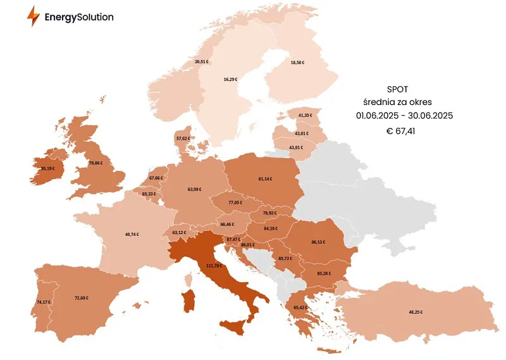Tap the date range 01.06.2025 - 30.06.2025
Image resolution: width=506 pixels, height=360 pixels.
pos(404,116)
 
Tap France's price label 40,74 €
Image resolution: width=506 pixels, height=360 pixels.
pos(132,234)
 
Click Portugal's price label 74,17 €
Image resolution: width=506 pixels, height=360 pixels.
pos(44,302)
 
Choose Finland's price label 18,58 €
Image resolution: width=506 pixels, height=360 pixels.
pos(297,63)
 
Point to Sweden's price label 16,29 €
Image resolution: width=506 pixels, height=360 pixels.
pos(230,80)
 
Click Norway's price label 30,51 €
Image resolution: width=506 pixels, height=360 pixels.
pos(201,61)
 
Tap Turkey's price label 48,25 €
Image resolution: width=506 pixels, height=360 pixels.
pos(416,312)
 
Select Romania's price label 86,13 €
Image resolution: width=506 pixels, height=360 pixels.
pos(318,242)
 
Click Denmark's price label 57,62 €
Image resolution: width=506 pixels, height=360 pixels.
pos(183,138)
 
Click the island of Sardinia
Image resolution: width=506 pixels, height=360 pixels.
pos(188,301)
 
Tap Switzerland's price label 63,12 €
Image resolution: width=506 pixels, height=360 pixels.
pos(180,232)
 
